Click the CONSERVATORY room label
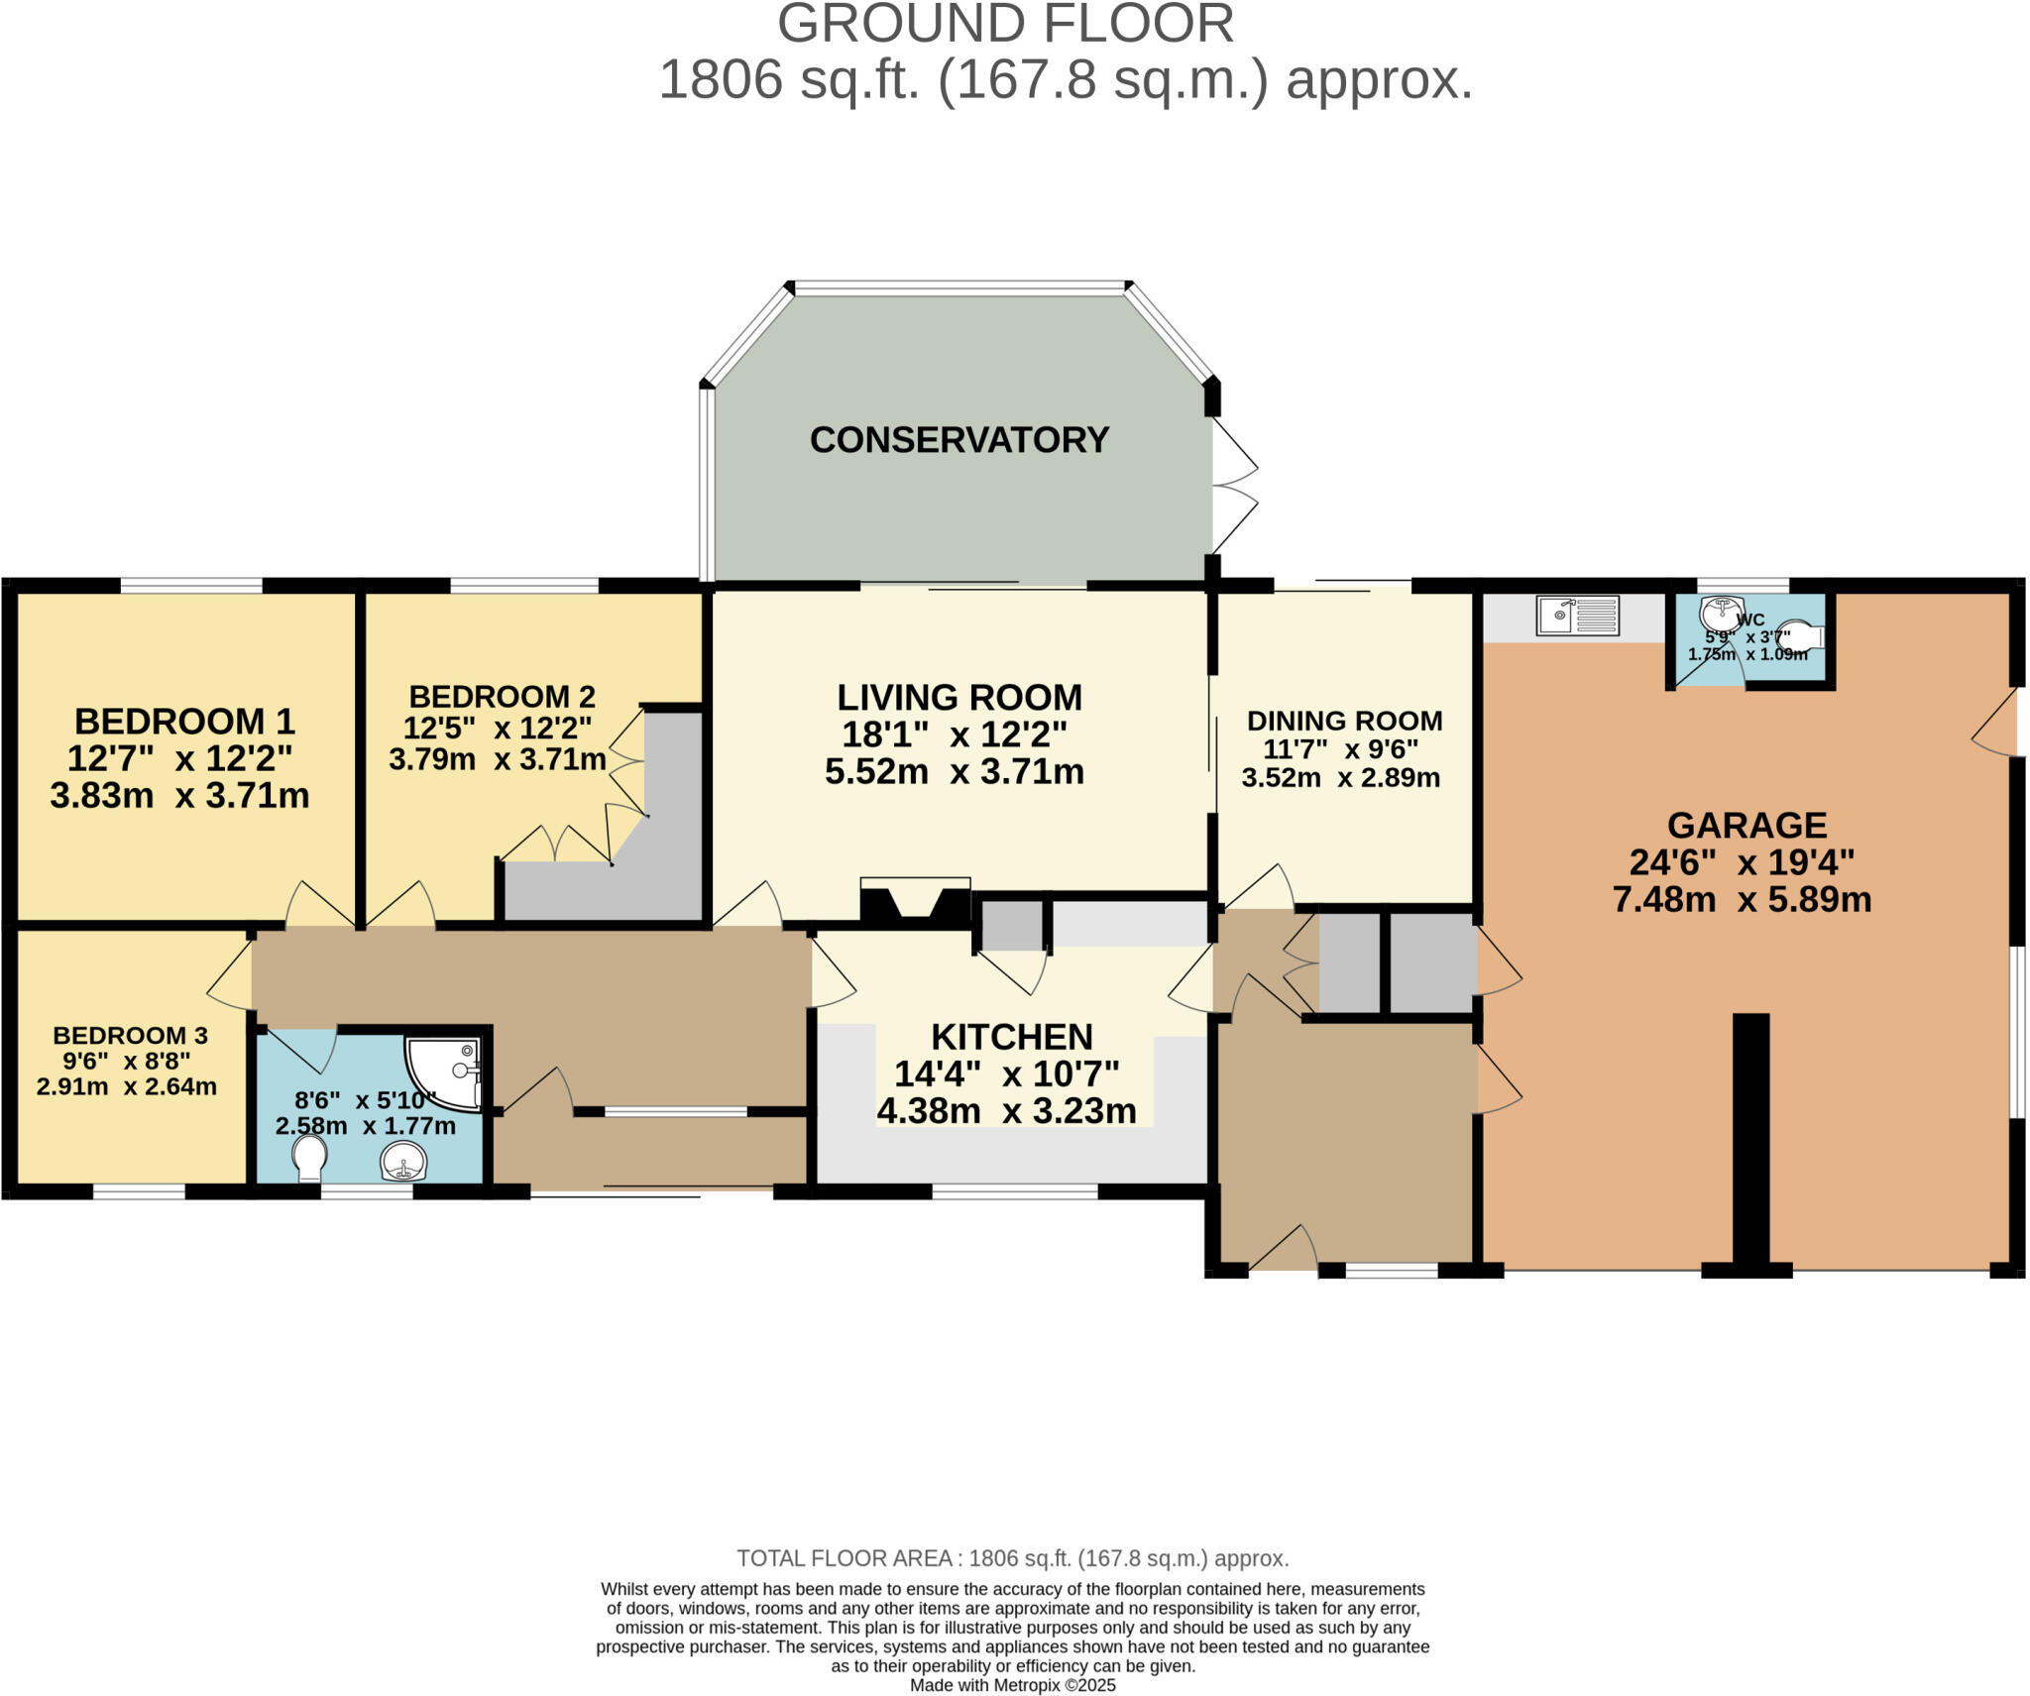point(959,440)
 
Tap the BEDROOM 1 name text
point(184,722)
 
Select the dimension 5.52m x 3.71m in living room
point(955,772)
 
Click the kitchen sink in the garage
point(1577,615)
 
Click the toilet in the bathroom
point(310,1157)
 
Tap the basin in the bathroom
point(403,1161)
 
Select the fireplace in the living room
point(915,904)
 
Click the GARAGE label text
point(1747,826)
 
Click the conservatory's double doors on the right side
point(1234,486)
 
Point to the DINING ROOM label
point(1344,721)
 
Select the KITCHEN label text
point(1012,1037)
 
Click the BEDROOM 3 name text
point(130,1036)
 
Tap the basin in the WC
point(1722,613)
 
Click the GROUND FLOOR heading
point(1005,24)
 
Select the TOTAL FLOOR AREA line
point(1012,1558)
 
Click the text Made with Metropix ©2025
point(1012,1685)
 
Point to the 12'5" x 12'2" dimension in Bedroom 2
point(497,729)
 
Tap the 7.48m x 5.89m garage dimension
point(1742,900)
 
